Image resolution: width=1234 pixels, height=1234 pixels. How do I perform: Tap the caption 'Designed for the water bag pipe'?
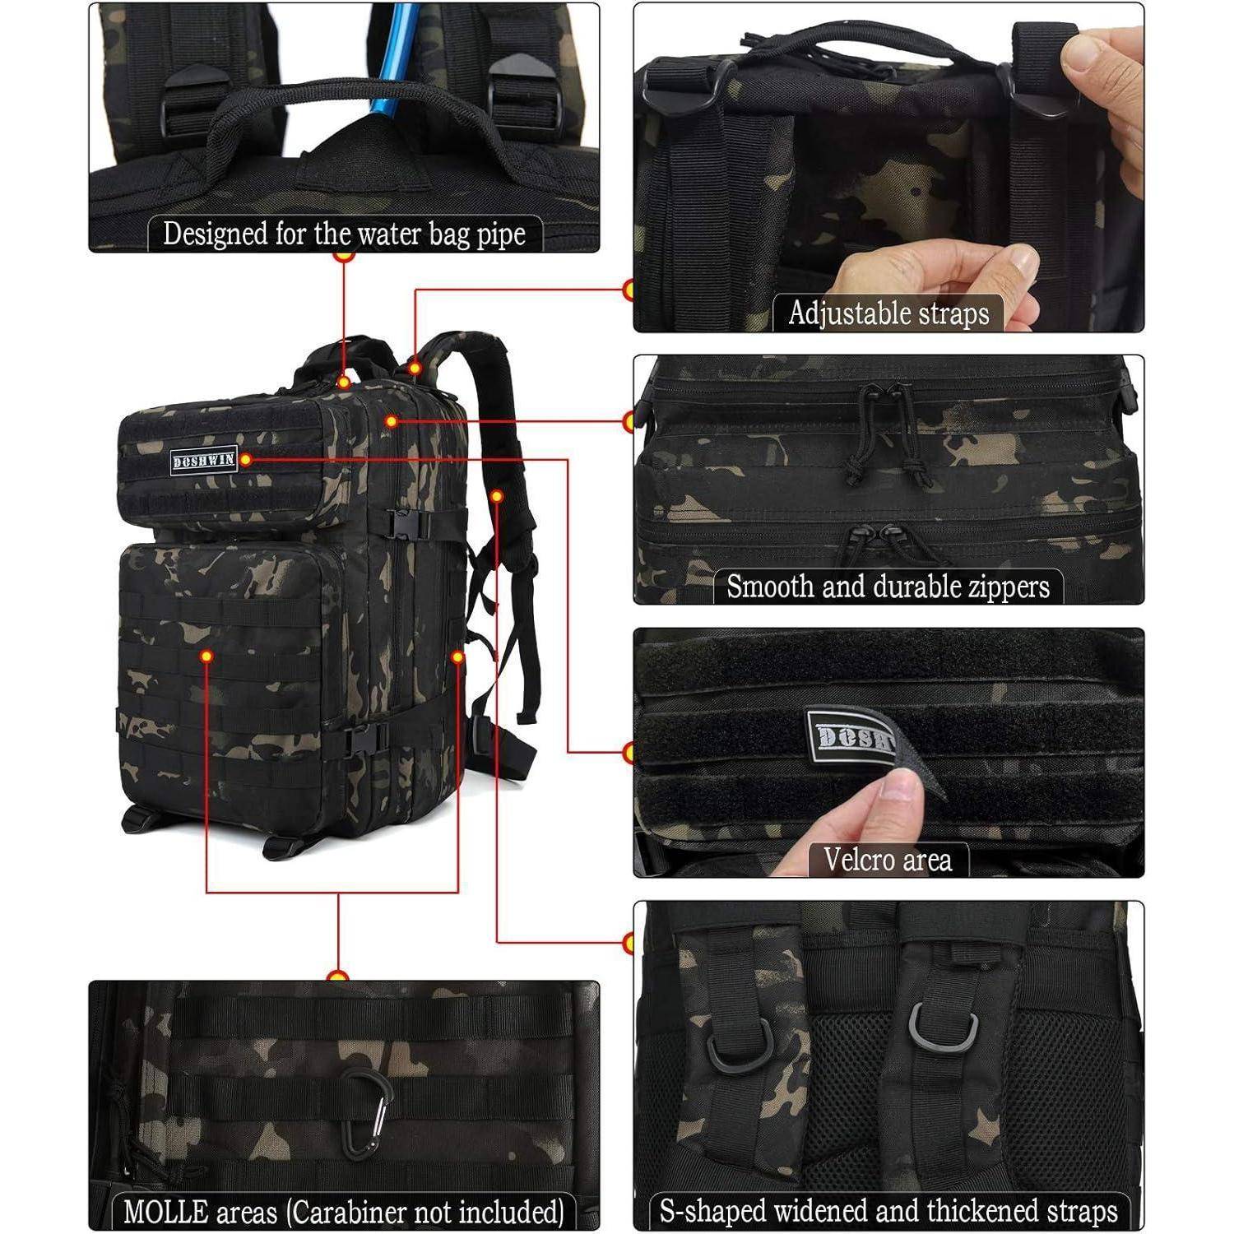(x=344, y=234)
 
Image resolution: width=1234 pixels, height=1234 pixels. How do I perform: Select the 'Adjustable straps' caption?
(x=888, y=313)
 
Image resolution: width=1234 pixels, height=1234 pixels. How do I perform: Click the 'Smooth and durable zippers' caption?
(x=888, y=587)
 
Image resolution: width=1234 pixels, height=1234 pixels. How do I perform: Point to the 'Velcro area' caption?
(x=888, y=860)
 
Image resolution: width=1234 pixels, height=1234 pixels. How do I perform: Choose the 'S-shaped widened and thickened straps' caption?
(x=888, y=1211)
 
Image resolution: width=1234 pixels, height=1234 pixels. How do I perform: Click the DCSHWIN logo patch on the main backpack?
(x=204, y=460)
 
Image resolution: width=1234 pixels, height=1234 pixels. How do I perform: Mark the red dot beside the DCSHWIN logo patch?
(x=245, y=459)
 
